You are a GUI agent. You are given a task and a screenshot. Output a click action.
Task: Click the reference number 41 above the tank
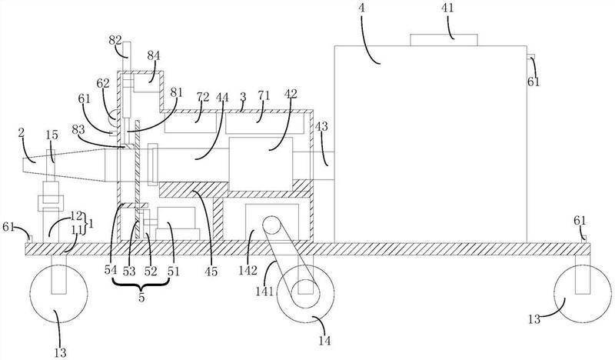[447, 8]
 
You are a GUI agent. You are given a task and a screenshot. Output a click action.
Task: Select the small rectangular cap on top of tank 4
[444, 40]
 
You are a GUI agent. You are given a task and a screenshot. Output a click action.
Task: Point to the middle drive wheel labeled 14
[305, 294]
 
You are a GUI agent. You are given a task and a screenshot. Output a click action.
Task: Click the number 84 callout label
[153, 55]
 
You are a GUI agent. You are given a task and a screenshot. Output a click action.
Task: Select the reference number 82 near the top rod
[115, 40]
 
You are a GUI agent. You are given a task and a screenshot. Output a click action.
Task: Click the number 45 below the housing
[211, 272]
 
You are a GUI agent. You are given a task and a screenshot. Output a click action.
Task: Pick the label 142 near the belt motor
[248, 270]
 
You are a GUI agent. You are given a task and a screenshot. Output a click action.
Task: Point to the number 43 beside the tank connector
[321, 126]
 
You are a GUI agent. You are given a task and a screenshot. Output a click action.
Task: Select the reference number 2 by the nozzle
[22, 133]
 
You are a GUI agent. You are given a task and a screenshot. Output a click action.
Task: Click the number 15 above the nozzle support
[52, 135]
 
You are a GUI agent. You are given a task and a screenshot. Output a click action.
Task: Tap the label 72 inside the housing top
[203, 97]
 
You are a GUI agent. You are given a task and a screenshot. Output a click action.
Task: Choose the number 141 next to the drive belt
[264, 292]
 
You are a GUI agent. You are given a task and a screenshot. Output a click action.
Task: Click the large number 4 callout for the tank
[361, 8]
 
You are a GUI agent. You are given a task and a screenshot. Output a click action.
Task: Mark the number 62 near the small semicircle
[103, 84]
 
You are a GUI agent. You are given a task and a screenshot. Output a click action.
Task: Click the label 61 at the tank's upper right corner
[534, 82]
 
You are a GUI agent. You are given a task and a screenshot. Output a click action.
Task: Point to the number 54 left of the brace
[111, 271]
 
